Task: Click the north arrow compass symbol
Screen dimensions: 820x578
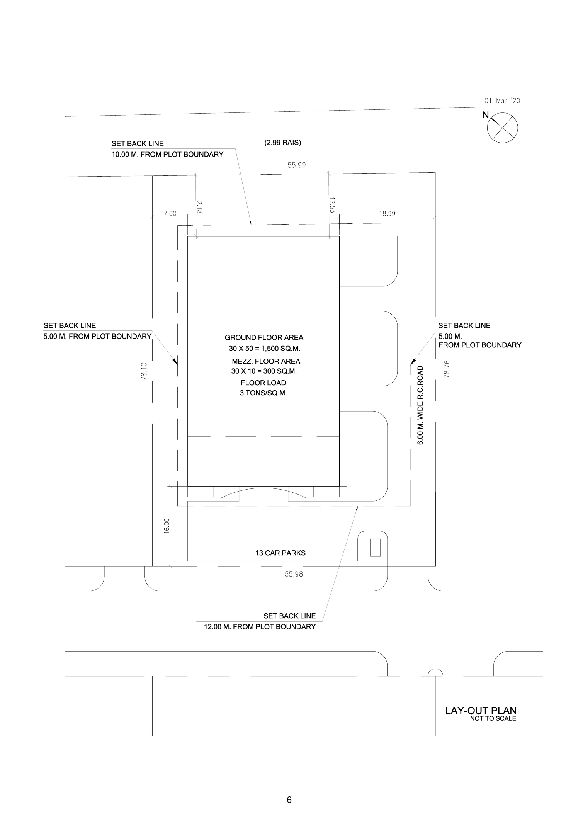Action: tap(502, 128)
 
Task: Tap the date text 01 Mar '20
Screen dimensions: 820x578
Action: tap(502, 101)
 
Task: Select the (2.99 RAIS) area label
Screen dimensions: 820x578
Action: tap(282, 143)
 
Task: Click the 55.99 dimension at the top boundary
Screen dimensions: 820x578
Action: tap(296, 165)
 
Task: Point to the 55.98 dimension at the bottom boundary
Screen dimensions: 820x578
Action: tap(294, 574)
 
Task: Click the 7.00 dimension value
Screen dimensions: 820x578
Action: tap(170, 214)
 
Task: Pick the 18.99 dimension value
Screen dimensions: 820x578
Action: tap(387, 214)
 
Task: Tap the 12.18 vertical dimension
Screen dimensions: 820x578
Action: tap(199, 206)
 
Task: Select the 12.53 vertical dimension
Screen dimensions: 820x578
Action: tap(332, 205)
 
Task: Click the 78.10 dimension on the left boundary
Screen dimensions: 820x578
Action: tap(144, 371)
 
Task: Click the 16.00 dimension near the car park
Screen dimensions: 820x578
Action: tap(167, 526)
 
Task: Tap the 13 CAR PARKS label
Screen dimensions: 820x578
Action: tap(280, 553)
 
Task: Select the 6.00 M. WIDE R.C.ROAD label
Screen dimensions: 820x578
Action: tap(421, 405)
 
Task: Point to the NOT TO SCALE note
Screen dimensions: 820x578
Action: tap(493, 718)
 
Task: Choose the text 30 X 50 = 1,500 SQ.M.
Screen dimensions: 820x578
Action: tap(265, 349)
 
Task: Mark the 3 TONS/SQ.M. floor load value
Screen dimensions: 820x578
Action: tap(263, 394)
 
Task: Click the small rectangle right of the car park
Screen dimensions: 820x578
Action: tap(375, 547)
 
